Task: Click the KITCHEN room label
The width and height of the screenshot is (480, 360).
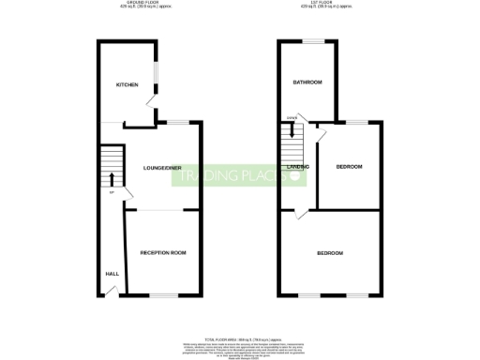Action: [127, 84]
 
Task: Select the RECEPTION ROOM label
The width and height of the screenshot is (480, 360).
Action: [163, 253]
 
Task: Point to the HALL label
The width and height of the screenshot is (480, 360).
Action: [111, 273]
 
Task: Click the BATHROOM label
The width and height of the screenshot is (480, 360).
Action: [307, 82]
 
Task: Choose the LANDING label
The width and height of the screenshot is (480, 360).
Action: [298, 167]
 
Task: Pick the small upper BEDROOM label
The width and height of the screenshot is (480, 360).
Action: [350, 167]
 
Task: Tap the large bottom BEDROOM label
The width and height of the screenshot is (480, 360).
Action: [329, 254]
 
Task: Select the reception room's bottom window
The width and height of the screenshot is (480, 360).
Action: [163, 296]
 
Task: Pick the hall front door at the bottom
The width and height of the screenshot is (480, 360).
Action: [111, 292]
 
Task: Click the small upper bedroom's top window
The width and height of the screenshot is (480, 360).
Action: [360, 123]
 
